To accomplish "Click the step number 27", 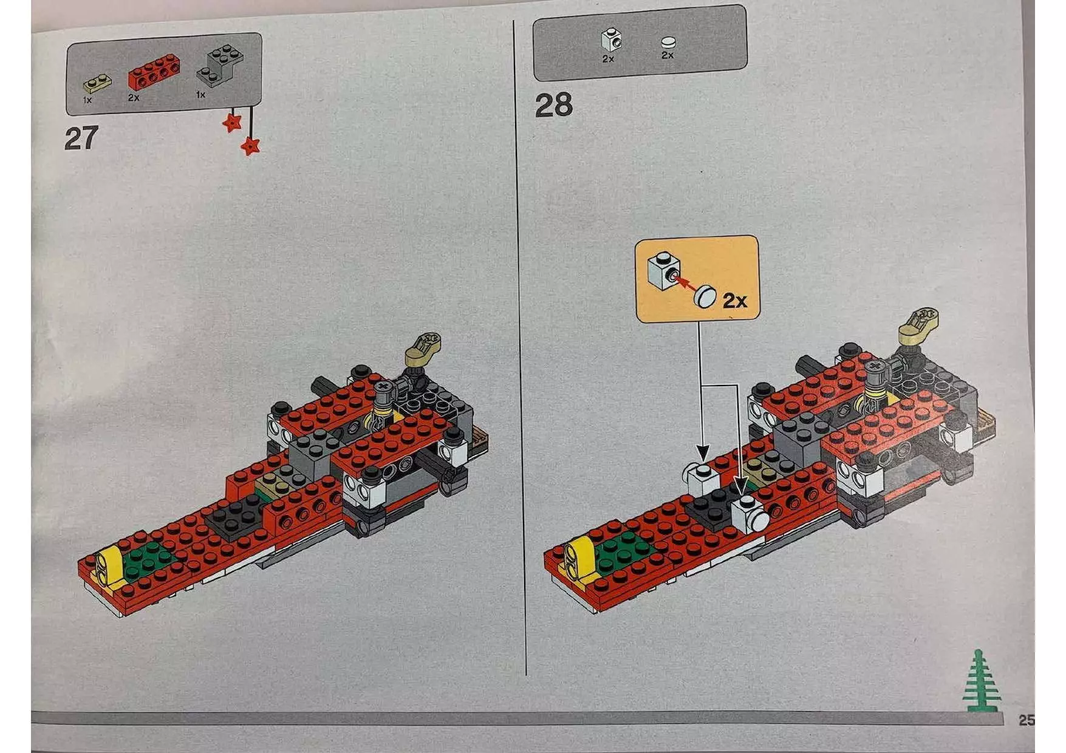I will pos(81,138).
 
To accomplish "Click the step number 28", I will pos(553,106).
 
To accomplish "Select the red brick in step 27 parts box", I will pos(153,72).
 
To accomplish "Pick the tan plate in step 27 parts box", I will pos(97,83).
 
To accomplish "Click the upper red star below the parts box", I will pos(232,123).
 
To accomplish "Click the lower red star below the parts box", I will pos(250,146).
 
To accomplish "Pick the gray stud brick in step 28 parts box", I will pos(611,40).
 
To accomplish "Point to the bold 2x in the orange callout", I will pos(734,300).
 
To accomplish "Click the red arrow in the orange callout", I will pos(684,283).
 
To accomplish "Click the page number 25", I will pos(1025,720).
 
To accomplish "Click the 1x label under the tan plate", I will pos(87,100).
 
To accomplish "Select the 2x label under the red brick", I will pos(134,97).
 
